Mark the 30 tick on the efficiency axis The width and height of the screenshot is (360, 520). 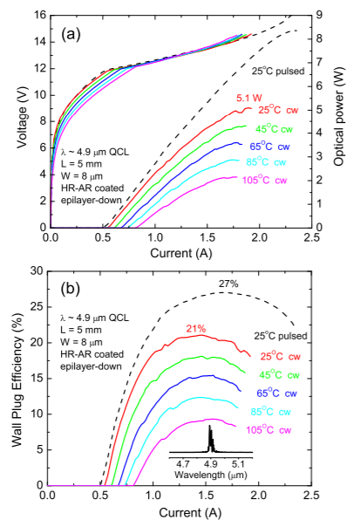[37, 271]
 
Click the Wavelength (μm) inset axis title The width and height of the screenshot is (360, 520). [211, 476]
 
